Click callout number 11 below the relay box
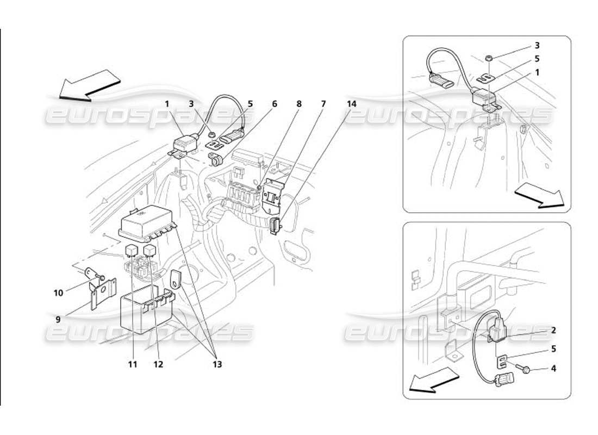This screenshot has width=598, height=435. tap(133, 364)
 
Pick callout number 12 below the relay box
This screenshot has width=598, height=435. tap(158, 364)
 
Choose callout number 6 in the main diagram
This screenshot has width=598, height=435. tap(274, 103)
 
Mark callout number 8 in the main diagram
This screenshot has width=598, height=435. tap(298, 103)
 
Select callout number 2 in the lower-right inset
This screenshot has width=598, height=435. tap(553, 330)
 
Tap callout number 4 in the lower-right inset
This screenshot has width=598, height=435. tap(553, 368)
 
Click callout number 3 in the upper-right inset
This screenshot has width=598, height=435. tap(537, 45)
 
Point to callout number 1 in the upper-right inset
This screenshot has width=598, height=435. tap(537, 72)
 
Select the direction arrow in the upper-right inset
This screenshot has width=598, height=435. tap(539, 197)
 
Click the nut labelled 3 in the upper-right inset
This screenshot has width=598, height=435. tap(489, 57)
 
